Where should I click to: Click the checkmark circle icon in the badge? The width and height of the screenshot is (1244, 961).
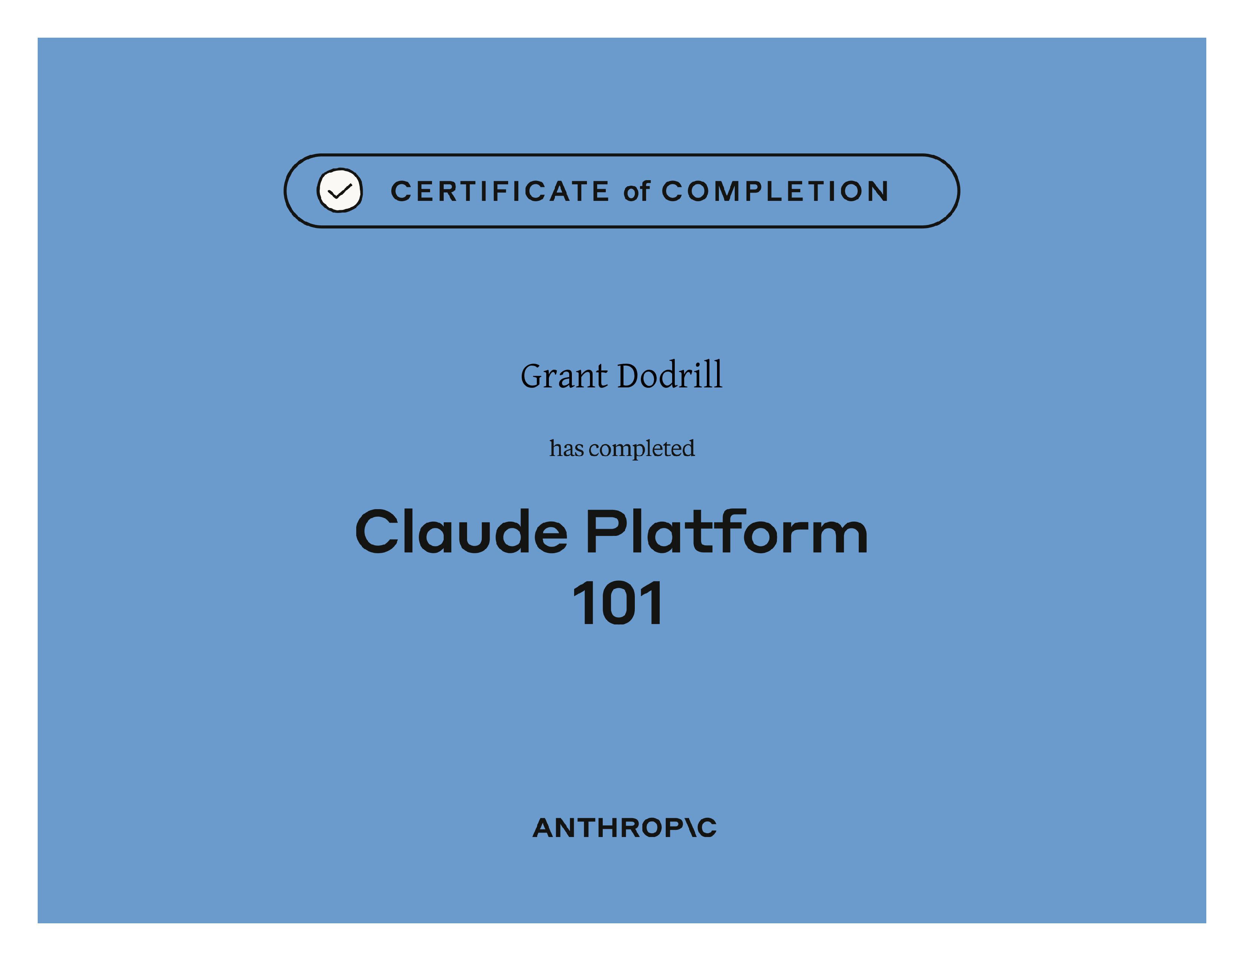click(340, 190)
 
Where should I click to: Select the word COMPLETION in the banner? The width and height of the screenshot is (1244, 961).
click(775, 191)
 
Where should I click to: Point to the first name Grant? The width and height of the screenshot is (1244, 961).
click(564, 376)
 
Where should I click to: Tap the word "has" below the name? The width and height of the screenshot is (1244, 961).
click(566, 448)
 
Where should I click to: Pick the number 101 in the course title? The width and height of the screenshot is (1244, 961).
click(617, 603)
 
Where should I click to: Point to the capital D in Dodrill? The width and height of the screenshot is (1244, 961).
click(632, 376)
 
